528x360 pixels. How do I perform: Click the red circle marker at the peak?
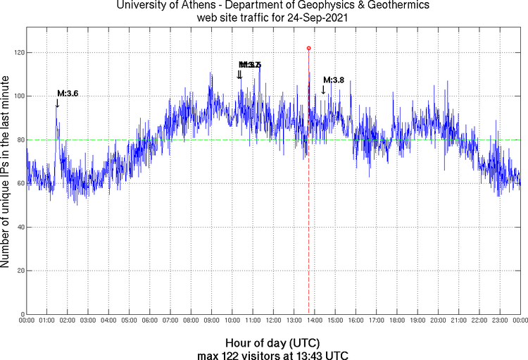(308, 48)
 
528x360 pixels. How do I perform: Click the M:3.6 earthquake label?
(68, 94)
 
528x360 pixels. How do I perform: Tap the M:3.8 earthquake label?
(334, 80)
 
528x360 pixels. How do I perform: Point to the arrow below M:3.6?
(57, 104)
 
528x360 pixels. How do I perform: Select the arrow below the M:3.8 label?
(323, 89)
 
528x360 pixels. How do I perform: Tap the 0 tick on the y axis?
(21, 314)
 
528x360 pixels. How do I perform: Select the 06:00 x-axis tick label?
(150, 321)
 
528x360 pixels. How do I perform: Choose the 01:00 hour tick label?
(47, 321)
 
